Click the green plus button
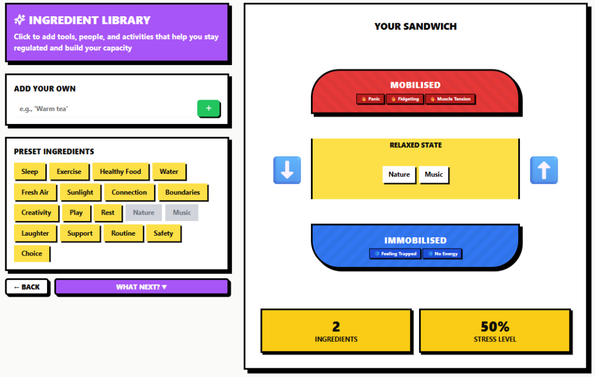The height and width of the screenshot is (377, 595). click(x=209, y=108)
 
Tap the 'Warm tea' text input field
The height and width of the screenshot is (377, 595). click(x=104, y=109)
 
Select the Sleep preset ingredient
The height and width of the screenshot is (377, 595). click(x=30, y=172)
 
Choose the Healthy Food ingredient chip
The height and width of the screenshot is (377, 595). click(x=120, y=172)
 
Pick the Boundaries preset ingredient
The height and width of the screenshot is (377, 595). click(x=182, y=193)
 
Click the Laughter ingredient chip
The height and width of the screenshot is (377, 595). click(x=35, y=233)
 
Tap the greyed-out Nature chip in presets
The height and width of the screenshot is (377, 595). click(x=144, y=212)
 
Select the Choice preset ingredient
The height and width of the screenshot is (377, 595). click(x=32, y=254)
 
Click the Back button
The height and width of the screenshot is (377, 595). click(x=27, y=287)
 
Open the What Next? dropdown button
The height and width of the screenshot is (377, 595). click(x=142, y=287)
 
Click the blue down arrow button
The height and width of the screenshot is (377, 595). click(x=287, y=170)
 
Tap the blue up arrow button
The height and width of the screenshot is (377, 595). click(x=544, y=170)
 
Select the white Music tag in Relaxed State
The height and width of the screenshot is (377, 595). click(x=433, y=175)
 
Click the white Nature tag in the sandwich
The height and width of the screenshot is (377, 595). click(x=399, y=175)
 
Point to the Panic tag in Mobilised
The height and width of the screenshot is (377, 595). click(x=370, y=99)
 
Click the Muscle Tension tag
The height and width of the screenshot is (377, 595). click(x=450, y=99)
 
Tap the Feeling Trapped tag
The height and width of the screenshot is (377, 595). click(x=395, y=254)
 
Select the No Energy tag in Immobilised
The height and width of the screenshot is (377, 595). click(x=442, y=254)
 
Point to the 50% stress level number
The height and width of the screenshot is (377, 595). click(x=495, y=326)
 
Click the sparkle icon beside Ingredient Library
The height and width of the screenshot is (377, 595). click(x=20, y=20)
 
